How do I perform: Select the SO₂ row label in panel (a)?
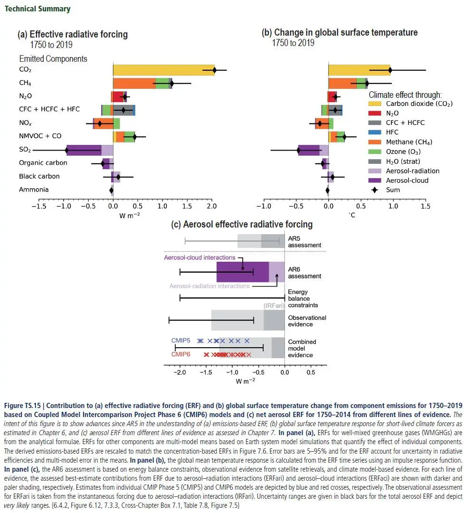pyautogui.click(x=25, y=150)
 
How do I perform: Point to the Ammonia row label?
pyautogui.click(x=34, y=190)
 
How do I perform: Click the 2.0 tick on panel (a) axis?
pyautogui.click(x=212, y=207)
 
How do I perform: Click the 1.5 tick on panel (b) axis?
pyautogui.click(x=426, y=207)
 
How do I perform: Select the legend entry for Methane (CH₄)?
pyautogui.click(x=408, y=142)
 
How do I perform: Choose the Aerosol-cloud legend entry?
pyautogui.click(x=407, y=180)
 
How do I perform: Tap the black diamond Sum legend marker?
pyautogui.click(x=374, y=190)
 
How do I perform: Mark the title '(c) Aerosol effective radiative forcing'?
pyautogui.click(x=242, y=224)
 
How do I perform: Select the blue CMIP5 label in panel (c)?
pyautogui.click(x=180, y=341)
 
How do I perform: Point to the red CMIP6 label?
pyautogui.click(x=180, y=354)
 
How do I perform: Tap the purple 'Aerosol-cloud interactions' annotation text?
pyautogui.click(x=199, y=257)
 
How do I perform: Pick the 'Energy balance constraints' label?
pyautogui.click(x=303, y=298)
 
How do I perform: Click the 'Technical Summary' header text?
pyautogui.click(x=38, y=9)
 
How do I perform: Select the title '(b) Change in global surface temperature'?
pyautogui.click(x=340, y=32)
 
